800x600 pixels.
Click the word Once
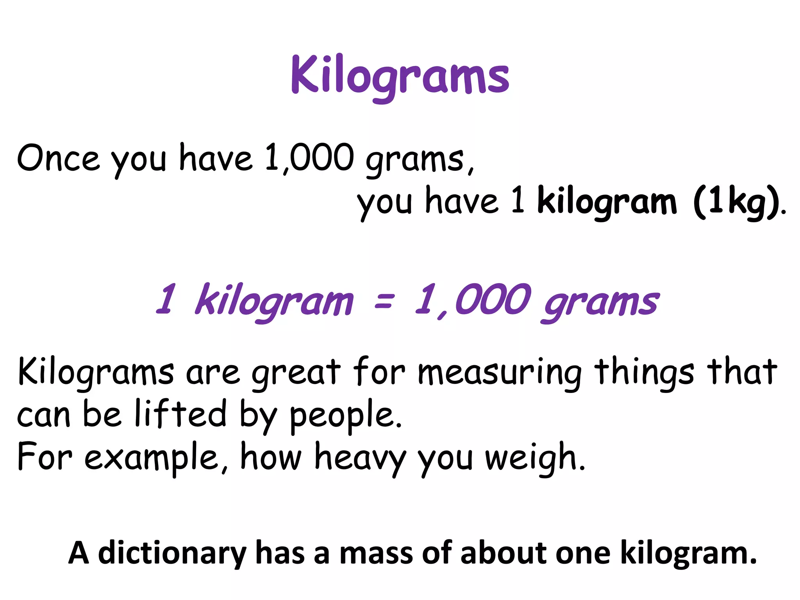tap(58, 158)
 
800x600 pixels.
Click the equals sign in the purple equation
tap(384, 300)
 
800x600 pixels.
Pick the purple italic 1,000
tap(473, 300)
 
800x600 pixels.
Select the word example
tap(151, 457)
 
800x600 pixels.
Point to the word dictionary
tap(172, 554)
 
